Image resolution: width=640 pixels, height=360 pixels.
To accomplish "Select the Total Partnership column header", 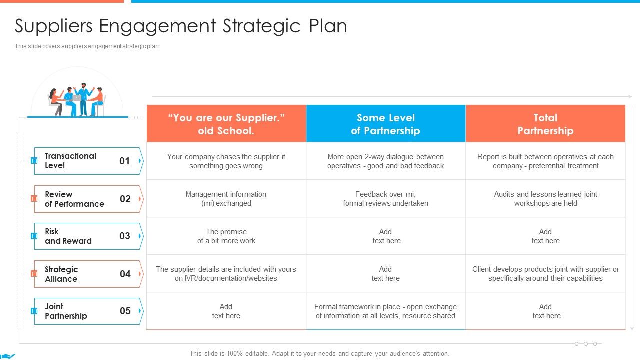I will [545, 124].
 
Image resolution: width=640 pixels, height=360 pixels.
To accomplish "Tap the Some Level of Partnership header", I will [385, 124].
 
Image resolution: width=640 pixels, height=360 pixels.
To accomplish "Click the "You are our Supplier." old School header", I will [226, 124].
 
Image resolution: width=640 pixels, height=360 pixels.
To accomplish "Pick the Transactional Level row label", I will [70, 161].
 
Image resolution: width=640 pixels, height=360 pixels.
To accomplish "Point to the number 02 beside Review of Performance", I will [125, 199].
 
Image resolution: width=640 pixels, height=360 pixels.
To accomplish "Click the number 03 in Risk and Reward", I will [125, 236].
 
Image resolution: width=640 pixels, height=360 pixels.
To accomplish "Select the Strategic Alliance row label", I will [61, 274].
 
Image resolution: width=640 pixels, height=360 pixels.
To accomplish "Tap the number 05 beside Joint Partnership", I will [125, 311].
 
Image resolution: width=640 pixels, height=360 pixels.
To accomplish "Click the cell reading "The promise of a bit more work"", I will [226, 236].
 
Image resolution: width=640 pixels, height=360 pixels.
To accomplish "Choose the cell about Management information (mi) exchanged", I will [226, 199].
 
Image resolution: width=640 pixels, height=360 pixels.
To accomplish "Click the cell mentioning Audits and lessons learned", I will [545, 199].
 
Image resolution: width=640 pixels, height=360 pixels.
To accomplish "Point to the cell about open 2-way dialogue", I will [385, 161].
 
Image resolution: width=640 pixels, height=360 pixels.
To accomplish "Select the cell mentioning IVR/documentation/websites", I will [226, 274].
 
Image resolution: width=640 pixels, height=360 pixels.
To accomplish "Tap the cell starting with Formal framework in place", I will [385, 311].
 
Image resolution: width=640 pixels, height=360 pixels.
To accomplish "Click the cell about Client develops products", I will [545, 274].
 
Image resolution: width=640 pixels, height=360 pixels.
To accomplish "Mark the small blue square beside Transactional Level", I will [34, 161].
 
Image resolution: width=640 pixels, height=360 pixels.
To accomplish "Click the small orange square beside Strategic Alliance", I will [34, 274].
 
